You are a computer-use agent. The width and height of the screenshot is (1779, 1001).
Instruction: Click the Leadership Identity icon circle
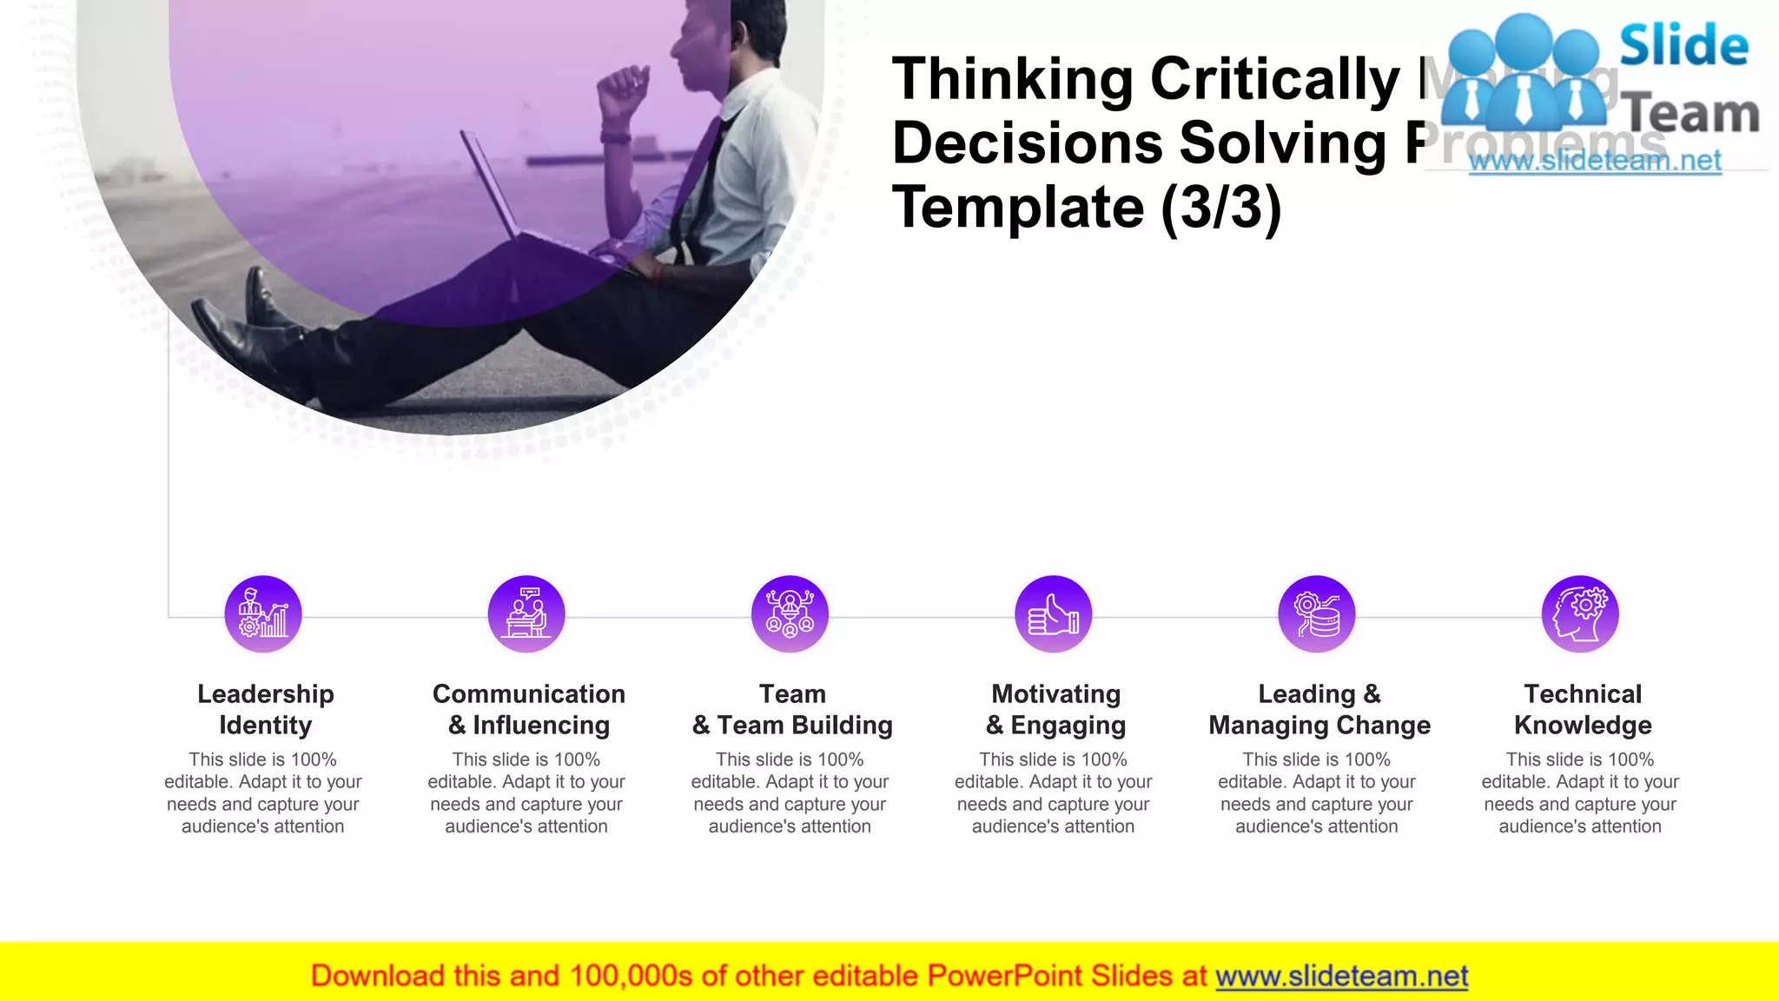pos(263,613)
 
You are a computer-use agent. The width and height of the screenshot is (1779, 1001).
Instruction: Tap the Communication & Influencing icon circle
pos(526,613)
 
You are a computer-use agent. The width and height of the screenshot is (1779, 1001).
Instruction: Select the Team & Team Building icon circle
pos(790,613)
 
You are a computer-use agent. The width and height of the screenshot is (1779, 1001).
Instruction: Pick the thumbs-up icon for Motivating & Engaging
pos(1054,613)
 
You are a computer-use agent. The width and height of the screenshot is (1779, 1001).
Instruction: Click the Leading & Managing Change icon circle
pos(1317,613)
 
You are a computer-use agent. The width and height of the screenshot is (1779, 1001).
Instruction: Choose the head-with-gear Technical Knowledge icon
pos(1580,613)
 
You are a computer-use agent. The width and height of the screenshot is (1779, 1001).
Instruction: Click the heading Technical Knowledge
pos(1583,709)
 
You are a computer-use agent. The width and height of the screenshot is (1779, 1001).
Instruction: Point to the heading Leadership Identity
pos(265,709)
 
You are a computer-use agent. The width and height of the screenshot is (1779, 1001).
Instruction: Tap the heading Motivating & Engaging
pos(1055,709)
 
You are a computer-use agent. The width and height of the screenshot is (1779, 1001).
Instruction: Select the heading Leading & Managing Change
pos(1319,709)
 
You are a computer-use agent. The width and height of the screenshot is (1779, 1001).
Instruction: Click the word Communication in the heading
pos(528,693)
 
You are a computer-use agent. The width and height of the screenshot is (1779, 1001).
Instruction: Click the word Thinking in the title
pos(1013,80)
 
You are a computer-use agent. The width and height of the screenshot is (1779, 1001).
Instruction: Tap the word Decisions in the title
pos(1027,143)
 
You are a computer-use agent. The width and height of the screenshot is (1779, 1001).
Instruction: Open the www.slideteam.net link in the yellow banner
pos(1341,976)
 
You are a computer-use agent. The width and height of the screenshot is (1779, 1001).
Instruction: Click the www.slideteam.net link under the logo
pos(1595,161)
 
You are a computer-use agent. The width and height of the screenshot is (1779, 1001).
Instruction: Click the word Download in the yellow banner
pos(377,976)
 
